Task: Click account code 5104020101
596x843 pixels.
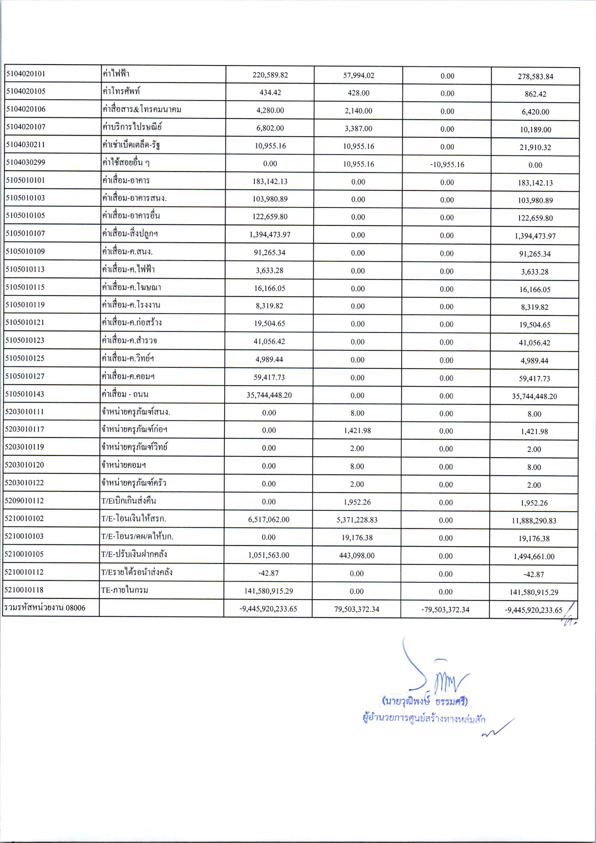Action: (x=26, y=73)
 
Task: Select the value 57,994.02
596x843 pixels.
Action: (x=359, y=75)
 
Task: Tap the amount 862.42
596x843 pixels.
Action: (x=535, y=94)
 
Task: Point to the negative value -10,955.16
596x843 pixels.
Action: (x=447, y=165)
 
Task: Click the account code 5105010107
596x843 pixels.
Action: (x=26, y=233)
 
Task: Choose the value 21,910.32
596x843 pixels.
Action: (x=535, y=147)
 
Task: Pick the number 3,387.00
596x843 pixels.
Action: (x=358, y=129)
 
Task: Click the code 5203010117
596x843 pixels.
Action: (x=24, y=429)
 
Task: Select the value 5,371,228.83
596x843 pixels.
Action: (x=357, y=520)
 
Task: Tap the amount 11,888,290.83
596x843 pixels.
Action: (x=534, y=520)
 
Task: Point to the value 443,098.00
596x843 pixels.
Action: (x=357, y=556)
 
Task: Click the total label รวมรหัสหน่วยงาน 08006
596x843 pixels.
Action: (x=45, y=608)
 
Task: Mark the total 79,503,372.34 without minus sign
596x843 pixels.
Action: (x=357, y=609)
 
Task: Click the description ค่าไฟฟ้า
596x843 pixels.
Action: (x=116, y=73)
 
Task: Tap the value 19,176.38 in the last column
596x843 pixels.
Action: (x=534, y=539)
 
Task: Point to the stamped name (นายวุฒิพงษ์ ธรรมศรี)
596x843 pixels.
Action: (x=425, y=701)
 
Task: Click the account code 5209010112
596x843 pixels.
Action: (x=24, y=500)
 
